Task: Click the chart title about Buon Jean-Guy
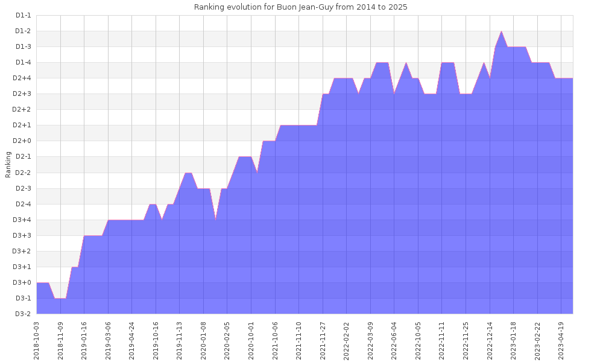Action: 300,7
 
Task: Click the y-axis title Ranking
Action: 8,164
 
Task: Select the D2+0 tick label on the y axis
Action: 22,141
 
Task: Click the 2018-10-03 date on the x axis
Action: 37,340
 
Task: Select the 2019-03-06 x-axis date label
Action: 109,340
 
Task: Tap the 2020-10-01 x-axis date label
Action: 251,340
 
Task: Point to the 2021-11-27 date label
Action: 323,340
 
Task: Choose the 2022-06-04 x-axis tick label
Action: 394,340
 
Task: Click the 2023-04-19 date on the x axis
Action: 561,340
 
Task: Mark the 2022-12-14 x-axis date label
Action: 490,340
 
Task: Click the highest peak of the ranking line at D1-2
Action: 501,31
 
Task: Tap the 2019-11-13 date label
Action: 180,340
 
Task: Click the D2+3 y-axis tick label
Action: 22,94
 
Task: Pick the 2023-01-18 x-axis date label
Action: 514,340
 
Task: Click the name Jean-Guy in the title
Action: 318,7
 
